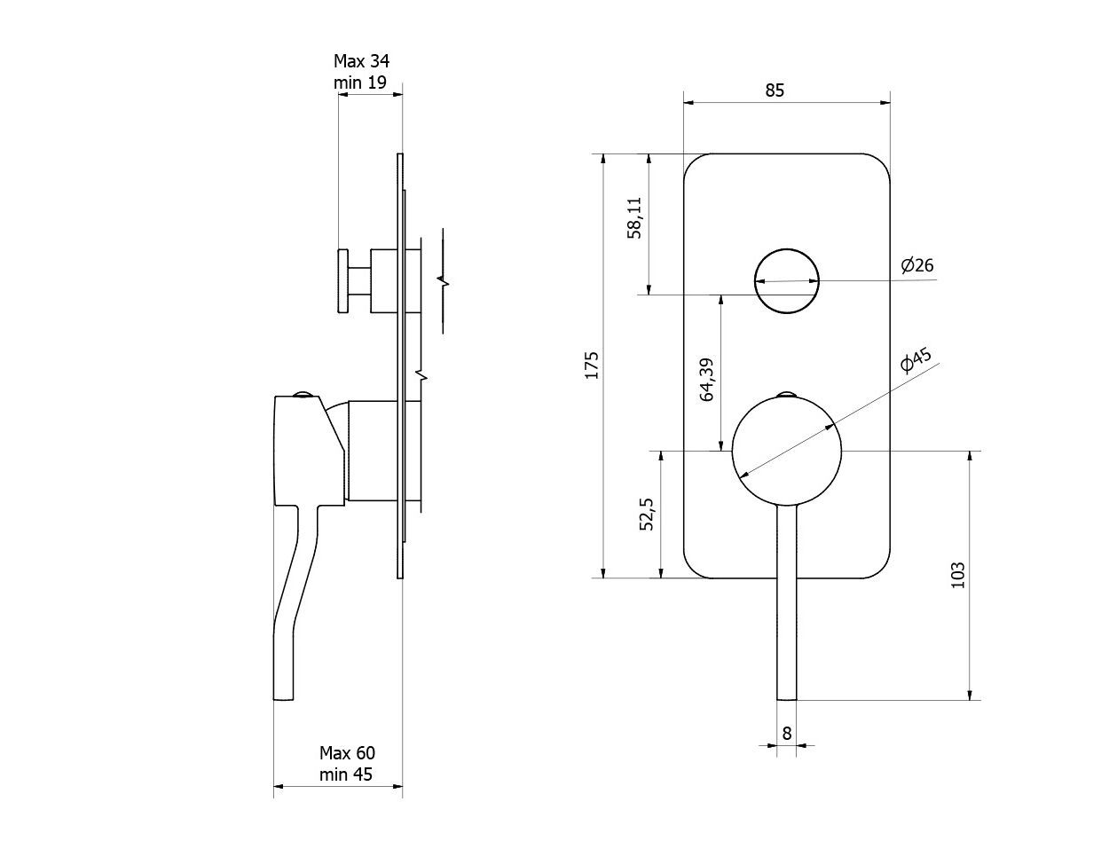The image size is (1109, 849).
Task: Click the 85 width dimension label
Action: point(775,90)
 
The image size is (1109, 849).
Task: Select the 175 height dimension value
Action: point(592,365)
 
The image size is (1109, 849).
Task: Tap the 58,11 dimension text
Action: point(634,218)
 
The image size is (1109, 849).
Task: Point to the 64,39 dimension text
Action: point(707,380)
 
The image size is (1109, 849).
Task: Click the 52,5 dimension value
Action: point(646,515)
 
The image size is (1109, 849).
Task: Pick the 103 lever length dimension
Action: point(958,575)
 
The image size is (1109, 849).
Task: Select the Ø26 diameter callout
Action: point(917,265)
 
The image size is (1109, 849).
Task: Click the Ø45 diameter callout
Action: point(916,360)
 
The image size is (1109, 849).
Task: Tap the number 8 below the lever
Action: point(786,733)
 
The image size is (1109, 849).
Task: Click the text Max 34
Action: point(361,61)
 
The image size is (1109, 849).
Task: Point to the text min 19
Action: point(360,83)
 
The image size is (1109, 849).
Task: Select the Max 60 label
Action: point(347,753)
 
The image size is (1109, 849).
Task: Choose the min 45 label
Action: point(346,774)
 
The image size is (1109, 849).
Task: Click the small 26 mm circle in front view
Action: point(786,249)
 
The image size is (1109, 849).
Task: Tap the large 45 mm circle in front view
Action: point(786,397)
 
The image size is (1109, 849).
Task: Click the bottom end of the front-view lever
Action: point(786,699)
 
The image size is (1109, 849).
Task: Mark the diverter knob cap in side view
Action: point(343,280)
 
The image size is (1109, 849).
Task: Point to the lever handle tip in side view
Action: point(284,698)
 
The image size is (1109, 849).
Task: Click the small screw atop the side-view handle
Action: point(303,393)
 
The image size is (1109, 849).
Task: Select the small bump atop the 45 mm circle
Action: point(786,393)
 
